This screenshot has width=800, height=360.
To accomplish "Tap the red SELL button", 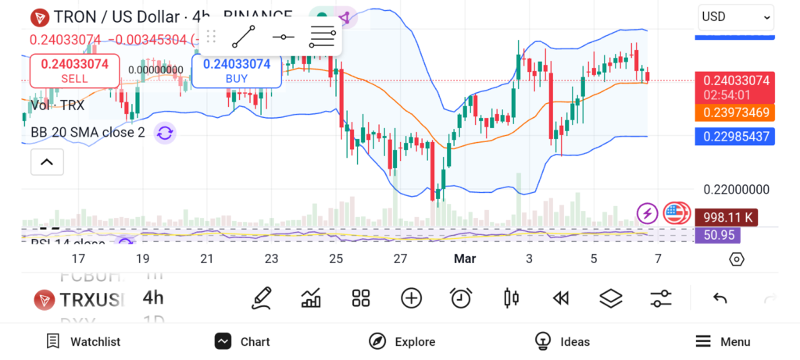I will pos(74,70).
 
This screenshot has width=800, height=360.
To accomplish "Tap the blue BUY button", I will pos(236,70).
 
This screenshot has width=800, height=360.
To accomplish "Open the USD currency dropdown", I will pos(736,16).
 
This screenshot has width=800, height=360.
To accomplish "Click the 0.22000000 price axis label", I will pos(737,189).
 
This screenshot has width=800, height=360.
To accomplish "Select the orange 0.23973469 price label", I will pos(735,112).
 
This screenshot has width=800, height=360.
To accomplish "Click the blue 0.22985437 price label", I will pos(735,137).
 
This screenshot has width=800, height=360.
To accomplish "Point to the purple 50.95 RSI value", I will pos(719,234).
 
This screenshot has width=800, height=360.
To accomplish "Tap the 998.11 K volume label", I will pos(727,217).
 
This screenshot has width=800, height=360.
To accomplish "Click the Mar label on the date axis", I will pos(465,258).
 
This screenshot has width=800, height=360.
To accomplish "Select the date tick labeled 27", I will pos(400,258).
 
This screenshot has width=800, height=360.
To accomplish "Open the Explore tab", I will pos(402,341).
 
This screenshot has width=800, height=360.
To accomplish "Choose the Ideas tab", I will pos(562,341).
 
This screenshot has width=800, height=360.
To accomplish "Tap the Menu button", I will pos(723,341).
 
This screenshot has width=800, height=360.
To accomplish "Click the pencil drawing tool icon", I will pos(262,298).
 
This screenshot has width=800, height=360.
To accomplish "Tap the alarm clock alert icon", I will pos(461,298).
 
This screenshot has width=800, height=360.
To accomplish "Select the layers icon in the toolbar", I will pos(610,298).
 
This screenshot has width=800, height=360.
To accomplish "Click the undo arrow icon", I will pos(720,298).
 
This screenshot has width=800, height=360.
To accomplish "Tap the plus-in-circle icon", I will pos(411,298).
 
